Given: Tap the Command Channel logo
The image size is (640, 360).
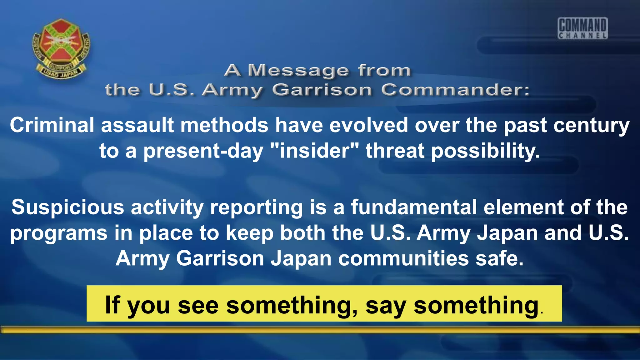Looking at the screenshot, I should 583,28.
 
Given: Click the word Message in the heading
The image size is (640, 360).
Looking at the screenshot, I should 298,70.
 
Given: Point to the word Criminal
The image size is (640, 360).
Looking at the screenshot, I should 52,125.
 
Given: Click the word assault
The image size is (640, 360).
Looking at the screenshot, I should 137,125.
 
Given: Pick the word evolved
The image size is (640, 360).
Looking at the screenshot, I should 369,125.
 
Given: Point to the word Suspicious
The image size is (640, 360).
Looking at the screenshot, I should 68,208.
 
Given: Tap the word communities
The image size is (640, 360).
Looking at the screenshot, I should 403,259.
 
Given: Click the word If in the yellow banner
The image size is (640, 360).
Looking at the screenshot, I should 112,305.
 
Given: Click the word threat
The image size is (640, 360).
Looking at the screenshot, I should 395,151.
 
